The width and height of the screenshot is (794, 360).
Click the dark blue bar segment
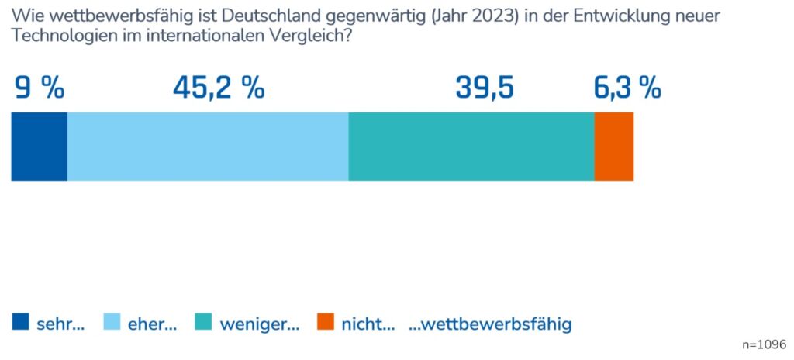[39, 147]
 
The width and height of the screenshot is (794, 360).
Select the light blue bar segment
[208, 147]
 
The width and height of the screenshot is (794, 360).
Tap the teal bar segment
[471, 147]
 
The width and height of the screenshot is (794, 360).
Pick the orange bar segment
[613, 147]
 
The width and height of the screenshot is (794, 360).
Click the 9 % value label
[40, 88]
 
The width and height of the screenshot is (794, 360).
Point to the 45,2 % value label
[219, 88]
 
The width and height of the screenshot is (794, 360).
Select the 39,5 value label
[485, 88]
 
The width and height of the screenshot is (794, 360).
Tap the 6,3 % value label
[627, 88]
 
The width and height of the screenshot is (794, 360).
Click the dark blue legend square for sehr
[20, 323]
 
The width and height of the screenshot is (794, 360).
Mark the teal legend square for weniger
[204, 323]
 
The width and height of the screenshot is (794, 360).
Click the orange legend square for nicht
[326, 323]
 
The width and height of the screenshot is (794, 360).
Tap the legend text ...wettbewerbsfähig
[490, 324]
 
